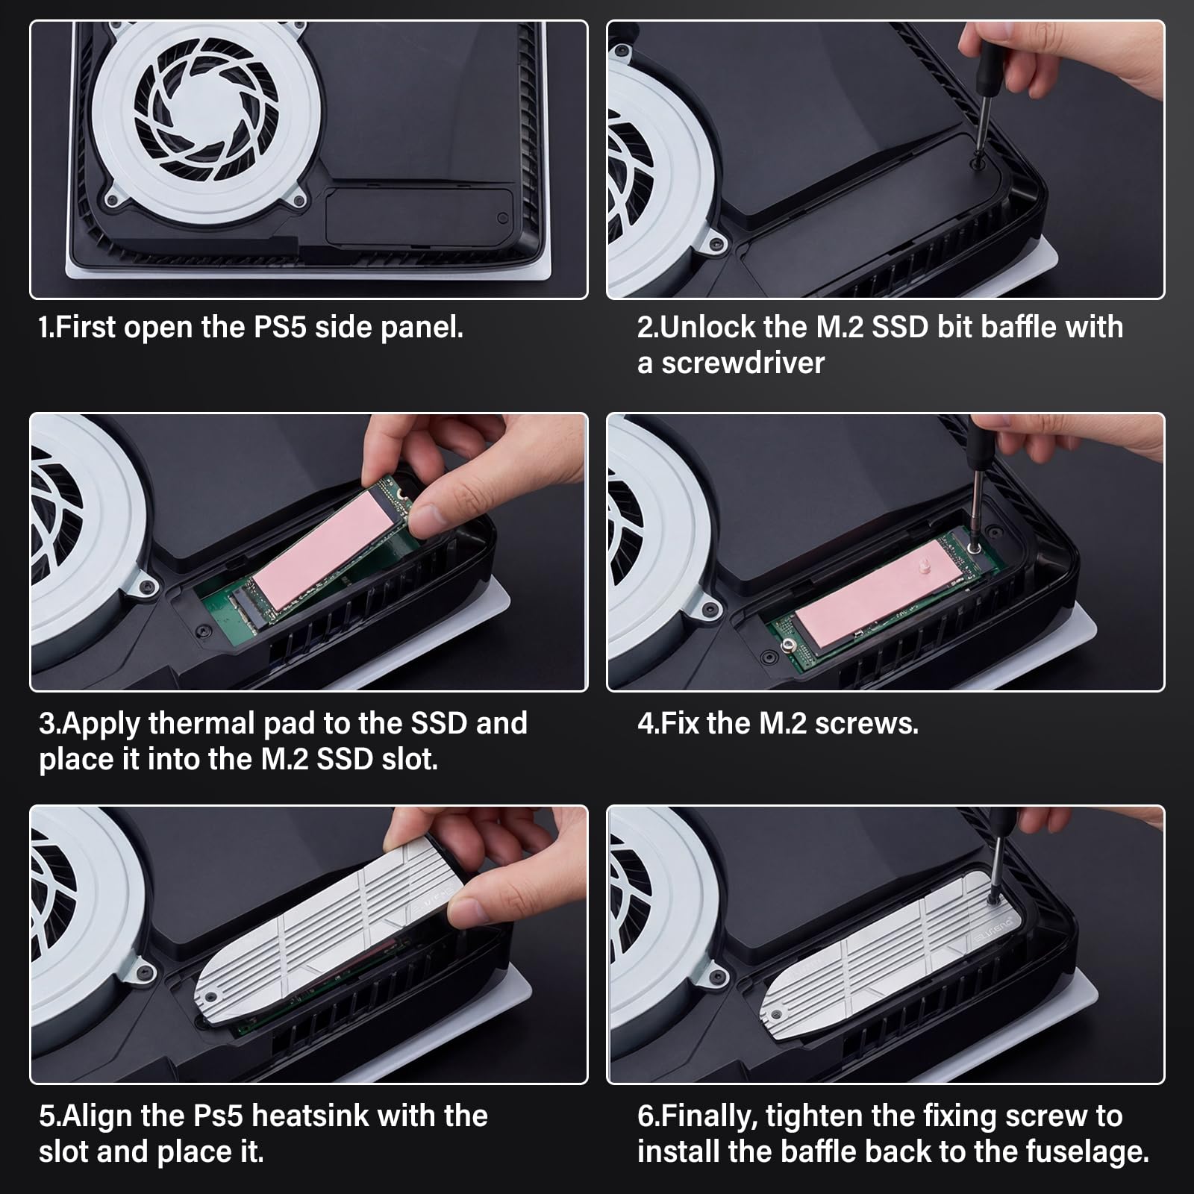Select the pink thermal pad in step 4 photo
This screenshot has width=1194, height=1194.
(x=869, y=590)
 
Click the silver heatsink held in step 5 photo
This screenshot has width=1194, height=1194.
(x=328, y=933)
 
